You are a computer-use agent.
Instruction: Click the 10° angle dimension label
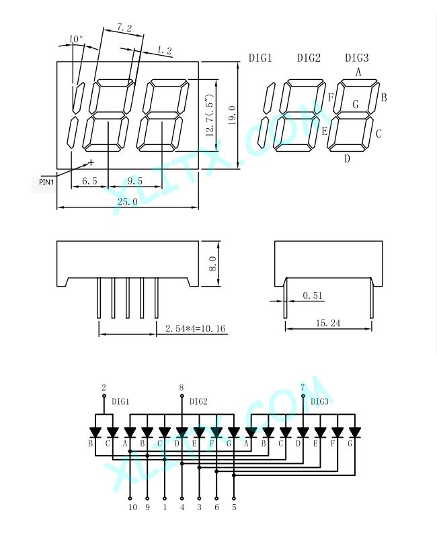click(x=76, y=39)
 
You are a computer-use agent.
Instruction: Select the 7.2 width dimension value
click(x=124, y=28)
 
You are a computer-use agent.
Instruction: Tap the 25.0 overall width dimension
click(x=127, y=201)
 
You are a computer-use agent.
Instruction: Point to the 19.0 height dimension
click(x=232, y=115)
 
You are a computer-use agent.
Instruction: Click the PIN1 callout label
click(x=46, y=182)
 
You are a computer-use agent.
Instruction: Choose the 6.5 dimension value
click(x=89, y=181)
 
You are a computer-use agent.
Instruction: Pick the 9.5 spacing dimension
click(x=134, y=181)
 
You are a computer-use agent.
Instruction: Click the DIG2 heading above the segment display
click(x=309, y=58)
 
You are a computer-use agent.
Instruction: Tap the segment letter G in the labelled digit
click(x=356, y=104)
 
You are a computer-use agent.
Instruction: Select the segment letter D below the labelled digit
click(x=347, y=158)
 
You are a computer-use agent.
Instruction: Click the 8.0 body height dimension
click(x=212, y=264)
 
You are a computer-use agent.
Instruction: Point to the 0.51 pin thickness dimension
click(x=313, y=295)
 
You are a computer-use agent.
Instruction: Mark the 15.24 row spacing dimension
click(x=328, y=323)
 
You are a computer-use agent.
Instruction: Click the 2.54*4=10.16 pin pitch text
click(x=196, y=329)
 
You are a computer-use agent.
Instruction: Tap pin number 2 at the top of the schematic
click(x=104, y=387)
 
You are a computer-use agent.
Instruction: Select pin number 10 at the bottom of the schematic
click(x=132, y=507)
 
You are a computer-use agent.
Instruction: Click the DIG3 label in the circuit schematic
click(x=319, y=401)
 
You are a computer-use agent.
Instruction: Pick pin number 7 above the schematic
click(x=302, y=387)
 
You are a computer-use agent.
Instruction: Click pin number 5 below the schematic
click(x=234, y=507)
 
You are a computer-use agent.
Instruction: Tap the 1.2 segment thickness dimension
click(x=164, y=50)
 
